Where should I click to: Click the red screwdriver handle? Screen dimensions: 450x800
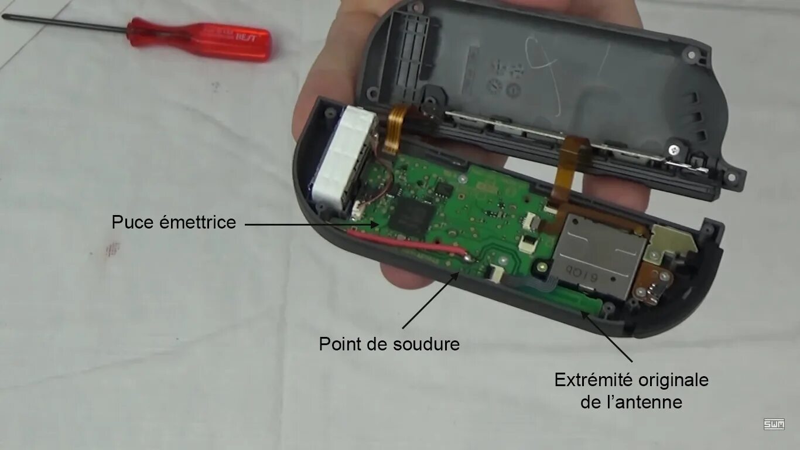[200, 40]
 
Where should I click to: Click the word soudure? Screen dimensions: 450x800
[428, 344]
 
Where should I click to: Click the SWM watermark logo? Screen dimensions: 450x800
[774, 424]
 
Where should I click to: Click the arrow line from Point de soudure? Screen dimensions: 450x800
[430, 300]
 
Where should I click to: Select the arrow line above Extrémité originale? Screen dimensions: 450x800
[609, 337]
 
